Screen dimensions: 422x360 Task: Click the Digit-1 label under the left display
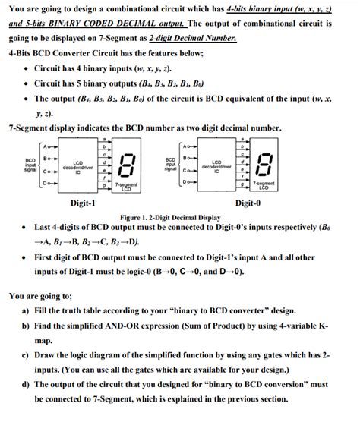tap(83, 203)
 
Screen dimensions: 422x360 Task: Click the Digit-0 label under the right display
tap(248, 203)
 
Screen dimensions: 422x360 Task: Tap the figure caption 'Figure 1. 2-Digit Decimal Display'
tap(180, 216)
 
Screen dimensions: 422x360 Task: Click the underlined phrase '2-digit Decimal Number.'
tap(194, 36)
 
